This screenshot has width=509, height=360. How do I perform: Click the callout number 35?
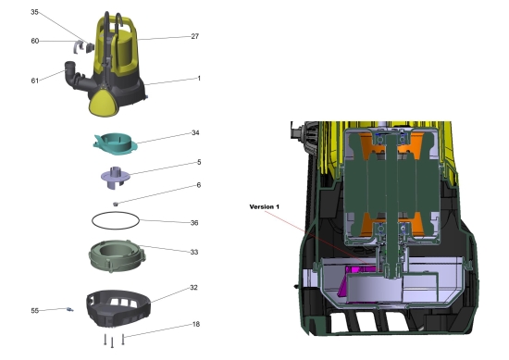[x=34, y=12]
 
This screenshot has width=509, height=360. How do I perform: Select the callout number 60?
[x=35, y=41]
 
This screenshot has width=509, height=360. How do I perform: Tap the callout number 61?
[x=35, y=81]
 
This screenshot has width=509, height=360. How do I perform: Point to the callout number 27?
[x=194, y=36]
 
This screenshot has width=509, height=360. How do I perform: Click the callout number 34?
[x=195, y=132]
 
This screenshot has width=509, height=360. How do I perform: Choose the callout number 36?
[x=194, y=223]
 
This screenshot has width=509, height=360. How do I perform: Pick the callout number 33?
[x=194, y=252]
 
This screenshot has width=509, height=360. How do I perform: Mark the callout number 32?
[x=193, y=287]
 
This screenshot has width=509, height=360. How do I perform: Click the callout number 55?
[x=35, y=311]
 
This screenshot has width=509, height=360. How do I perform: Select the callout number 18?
[x=196, y=324]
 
